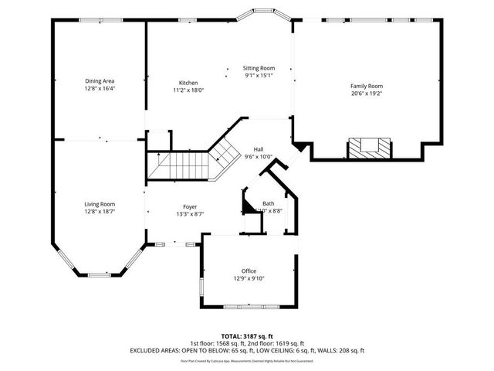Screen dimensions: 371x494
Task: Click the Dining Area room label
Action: pyautogui.click(x=100, y=80)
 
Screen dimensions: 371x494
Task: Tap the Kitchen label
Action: pyautogui.click(x=188, y=83)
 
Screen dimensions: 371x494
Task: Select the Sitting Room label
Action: pyautogui.click(x=259, y=68)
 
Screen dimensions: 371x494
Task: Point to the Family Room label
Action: pyautogui.click(x=367, y=86)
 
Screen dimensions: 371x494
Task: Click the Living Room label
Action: pyautogui.click(x=100, y=204)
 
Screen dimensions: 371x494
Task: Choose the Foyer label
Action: pyautogui.click(x=189, y=206)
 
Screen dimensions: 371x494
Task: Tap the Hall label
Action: pyautogui.click(x=258, y=149)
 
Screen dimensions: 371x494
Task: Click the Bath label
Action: pyautogui.click(x=268, y=203)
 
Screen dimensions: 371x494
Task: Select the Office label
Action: pyautogui.click(x=249, y=271)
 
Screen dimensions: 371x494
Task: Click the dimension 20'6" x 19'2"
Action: pyautogui.click(x=367, y=94)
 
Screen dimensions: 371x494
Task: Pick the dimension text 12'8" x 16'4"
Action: pyautogui.click(x=100, y=88)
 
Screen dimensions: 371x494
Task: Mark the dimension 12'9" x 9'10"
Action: pyautogui.click(x=249, y=278)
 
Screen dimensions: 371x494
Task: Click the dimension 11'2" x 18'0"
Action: pyautogui.click(x=188, y=90)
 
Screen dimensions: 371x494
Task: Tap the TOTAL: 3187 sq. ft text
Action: pyautogui.click(x=246, y=336)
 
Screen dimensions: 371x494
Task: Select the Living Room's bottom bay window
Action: pyautogui.click(x=98, y=274)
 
